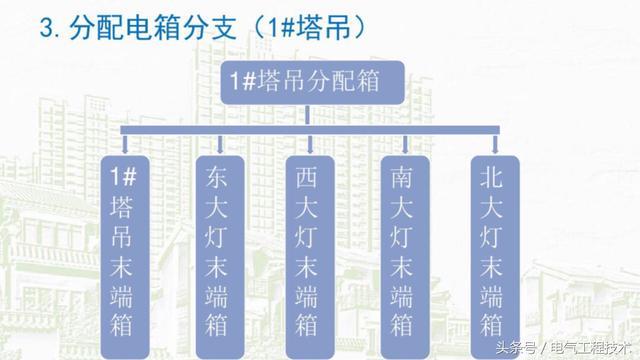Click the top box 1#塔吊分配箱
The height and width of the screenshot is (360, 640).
pos(310,80)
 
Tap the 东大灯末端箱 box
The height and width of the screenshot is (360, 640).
pos(217,251)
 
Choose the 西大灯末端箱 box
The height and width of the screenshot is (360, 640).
pos(310,251)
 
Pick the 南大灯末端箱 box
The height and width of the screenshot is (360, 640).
pos(401,251)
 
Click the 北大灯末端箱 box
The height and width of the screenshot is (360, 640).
pos(491,251)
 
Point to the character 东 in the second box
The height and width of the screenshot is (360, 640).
pos(217,177)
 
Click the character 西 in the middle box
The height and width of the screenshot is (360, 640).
pos(310,177)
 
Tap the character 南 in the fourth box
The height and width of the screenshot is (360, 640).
pos(401,177)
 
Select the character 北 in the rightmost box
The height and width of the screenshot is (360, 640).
pos(491,177)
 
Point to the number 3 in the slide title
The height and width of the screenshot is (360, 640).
pos(44,29)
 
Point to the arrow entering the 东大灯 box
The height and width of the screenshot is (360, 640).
pos(217,145)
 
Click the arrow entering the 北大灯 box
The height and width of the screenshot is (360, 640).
pos(491,145)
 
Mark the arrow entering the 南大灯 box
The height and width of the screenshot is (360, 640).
pos(401,145)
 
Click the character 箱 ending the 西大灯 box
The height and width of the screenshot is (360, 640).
pos(310,325)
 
